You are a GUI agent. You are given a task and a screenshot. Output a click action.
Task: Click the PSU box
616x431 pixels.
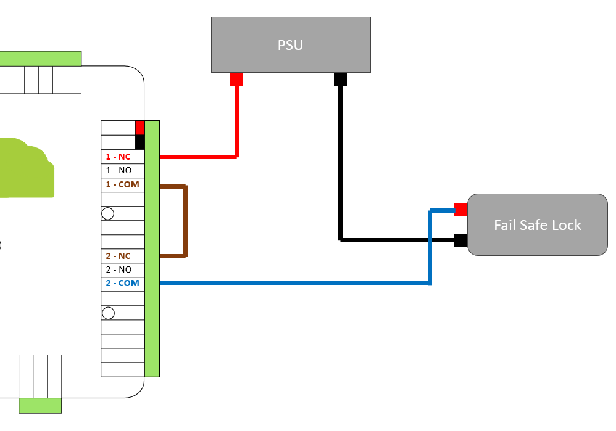click(x=291, y=44)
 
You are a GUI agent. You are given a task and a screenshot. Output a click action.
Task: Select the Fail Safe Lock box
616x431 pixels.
click(x=537, y=224)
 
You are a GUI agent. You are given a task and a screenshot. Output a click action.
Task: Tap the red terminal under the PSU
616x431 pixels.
click(x=236, y=80)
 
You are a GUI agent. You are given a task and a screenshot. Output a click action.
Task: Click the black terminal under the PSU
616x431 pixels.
click(x=340, y=80)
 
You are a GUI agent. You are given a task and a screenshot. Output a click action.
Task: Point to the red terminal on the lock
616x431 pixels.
click(x=460, y=209)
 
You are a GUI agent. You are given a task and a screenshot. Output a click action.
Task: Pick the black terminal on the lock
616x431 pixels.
click(x=460, y=240)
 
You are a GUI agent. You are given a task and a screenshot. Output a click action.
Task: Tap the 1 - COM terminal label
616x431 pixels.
click(x=122, y=184)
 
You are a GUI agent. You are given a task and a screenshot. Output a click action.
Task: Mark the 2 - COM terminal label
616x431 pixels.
click(x=122, y=283)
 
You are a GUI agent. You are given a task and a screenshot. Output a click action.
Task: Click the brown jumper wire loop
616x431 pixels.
click(x=185, y=220)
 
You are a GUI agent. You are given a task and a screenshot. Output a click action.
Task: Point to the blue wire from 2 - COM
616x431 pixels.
click(x=296, y=283)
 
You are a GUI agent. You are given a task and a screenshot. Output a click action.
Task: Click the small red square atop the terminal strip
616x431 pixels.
click(x=139, y=127)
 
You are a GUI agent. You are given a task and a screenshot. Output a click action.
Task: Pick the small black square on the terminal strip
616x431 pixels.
click(x=139, y=142)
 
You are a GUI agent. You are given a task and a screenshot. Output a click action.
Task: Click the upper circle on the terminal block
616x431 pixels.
click(x=108, y=213)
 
